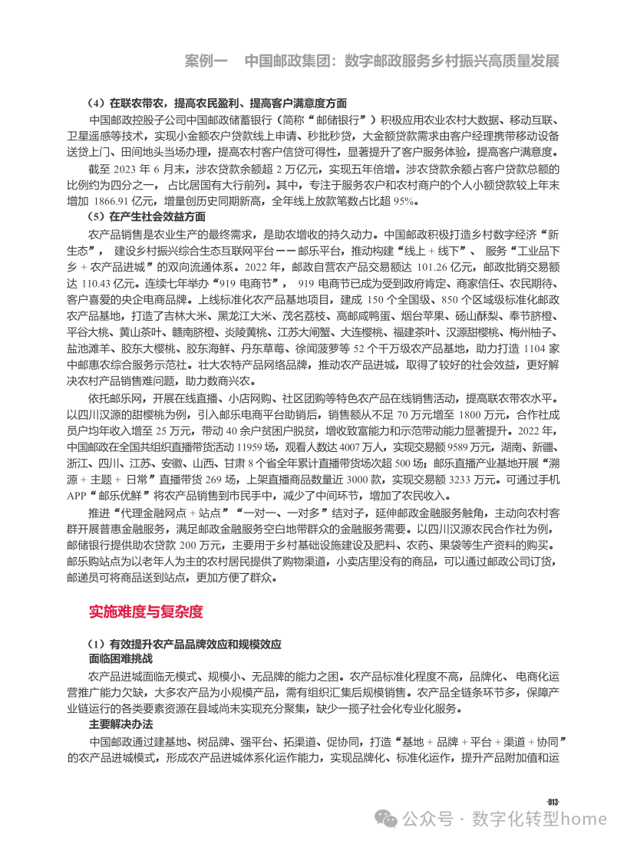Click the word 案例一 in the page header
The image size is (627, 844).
click(207, 61)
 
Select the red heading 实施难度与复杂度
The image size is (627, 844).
click(146, 612)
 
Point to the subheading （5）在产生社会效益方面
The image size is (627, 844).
click(147, 217)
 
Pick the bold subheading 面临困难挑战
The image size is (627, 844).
click(120, 659)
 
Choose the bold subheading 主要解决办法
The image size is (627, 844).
click(120, 725)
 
